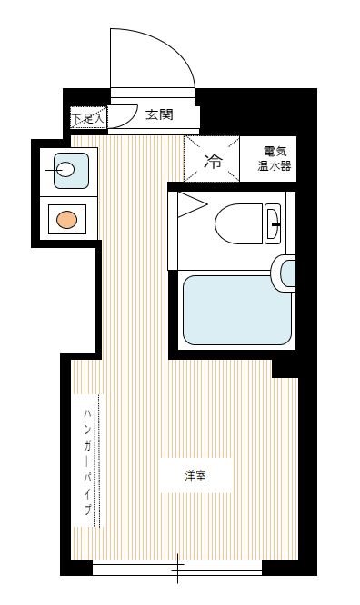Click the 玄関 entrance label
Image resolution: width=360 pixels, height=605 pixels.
(x=158, y=115)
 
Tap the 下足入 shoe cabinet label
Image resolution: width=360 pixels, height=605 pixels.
(x=89, y=118)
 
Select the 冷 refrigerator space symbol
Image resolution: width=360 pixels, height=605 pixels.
(x=212, y=162)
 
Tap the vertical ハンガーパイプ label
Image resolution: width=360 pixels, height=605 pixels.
(x=87, y=461)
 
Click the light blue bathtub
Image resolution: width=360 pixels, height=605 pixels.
(x=235, y=310)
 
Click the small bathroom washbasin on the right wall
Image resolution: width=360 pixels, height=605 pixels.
(x=288, y=272)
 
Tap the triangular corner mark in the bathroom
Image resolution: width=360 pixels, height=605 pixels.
(x=188, y=203)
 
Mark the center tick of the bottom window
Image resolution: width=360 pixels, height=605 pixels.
(x=177, y=569)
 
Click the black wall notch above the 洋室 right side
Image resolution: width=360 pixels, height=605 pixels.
(x=285, y=366)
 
